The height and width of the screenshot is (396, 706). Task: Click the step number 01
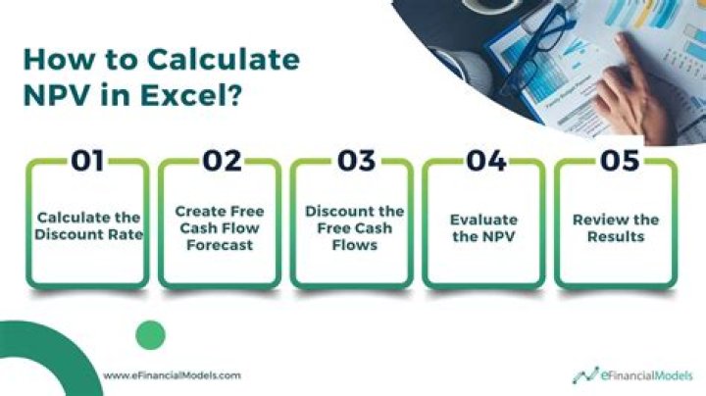(x=88, y=161)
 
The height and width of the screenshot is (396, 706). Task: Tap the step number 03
(x=354, y=161)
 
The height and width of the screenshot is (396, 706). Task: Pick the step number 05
(x=618, y=161)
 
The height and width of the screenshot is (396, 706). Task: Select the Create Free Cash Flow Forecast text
(x=221, y=227)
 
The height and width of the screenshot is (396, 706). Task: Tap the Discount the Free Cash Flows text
(x=354, y=227)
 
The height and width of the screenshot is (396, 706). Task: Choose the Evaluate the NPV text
(x=485, y=227)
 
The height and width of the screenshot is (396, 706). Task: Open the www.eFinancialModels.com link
(x=172, y=374)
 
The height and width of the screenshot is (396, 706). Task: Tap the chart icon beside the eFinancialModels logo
(x=587, y=374)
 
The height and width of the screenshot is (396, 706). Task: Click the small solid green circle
(x=150, y=335)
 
